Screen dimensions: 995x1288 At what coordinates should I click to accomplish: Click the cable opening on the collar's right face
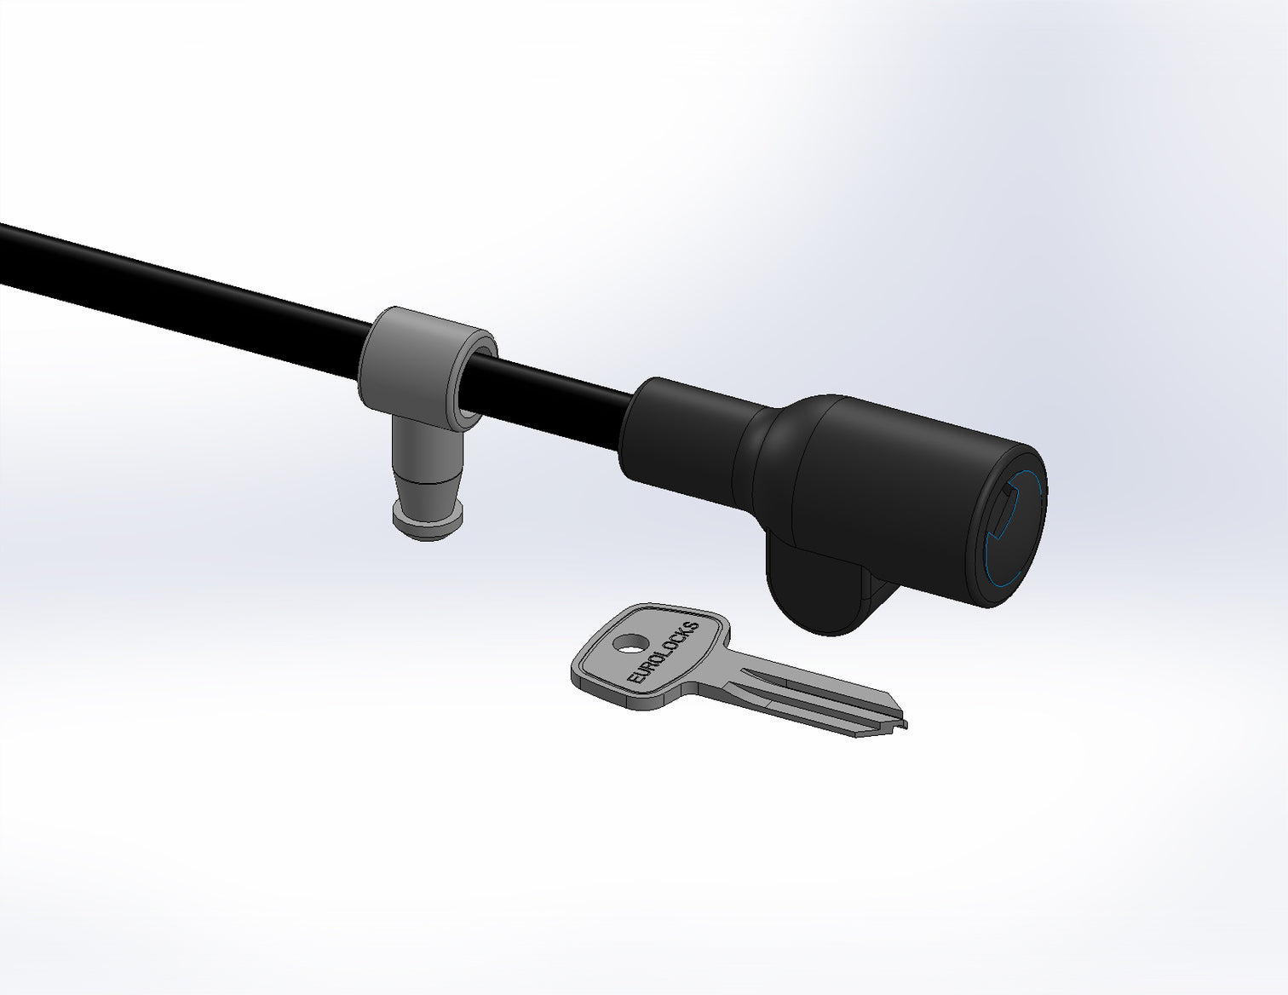click(477, 379)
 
